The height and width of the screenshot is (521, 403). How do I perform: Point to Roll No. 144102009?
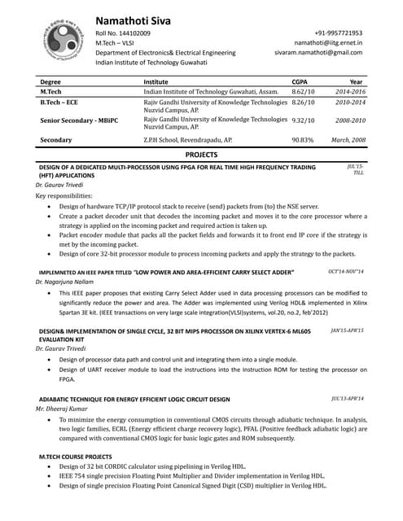[x=123, y=33]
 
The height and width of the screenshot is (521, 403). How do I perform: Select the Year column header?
[x=356, y=82]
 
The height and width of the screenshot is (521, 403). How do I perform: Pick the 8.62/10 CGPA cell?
[x=303, y=92]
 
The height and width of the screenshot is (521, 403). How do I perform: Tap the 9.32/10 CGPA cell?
[x=303, y=120]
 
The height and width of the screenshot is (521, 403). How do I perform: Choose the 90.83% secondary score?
[x=303, y=140]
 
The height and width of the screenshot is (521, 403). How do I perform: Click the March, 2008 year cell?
[x=348, y=140]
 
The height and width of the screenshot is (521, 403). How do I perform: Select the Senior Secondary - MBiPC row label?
[x=79, y=120]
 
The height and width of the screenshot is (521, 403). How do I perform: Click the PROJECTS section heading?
[x=202, y=153]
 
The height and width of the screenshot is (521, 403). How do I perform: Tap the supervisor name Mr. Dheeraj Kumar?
[x=61, y=409]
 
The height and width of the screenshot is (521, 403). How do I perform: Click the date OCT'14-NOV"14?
[x=345, y=270]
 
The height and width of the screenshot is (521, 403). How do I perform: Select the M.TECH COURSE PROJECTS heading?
[x=76, y=457]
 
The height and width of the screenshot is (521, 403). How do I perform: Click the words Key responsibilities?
[x=64, y=196]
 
